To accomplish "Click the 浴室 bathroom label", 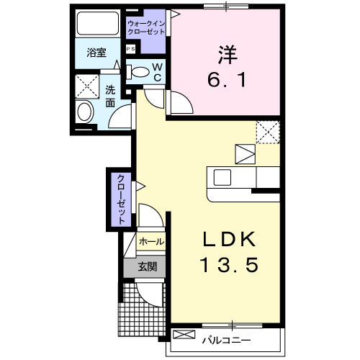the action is (96, 53).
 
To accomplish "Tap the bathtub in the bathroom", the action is (98, 23).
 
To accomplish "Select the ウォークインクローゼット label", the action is (146, 27).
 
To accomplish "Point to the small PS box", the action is (131, 49).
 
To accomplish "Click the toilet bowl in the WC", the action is (140, 71).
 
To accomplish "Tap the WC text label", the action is (158, 72).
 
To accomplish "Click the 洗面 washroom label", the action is (110, 96).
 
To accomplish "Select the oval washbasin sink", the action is (85, 112).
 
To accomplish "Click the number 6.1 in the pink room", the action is (227, 80).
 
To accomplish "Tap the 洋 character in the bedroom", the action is (228, 55).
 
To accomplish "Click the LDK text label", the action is (229, 239).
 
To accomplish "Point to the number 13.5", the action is (229, 264).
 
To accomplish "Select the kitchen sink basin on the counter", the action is (222, 178).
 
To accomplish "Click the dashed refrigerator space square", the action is (268, 132).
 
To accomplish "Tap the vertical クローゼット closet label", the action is (122, 199).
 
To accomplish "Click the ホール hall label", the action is (151, 242).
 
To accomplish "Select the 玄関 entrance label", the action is (148, 266).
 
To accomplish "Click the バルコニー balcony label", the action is (226, 340).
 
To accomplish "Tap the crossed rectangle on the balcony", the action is (184, 334).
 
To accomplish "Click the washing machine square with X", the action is (87, 86).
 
